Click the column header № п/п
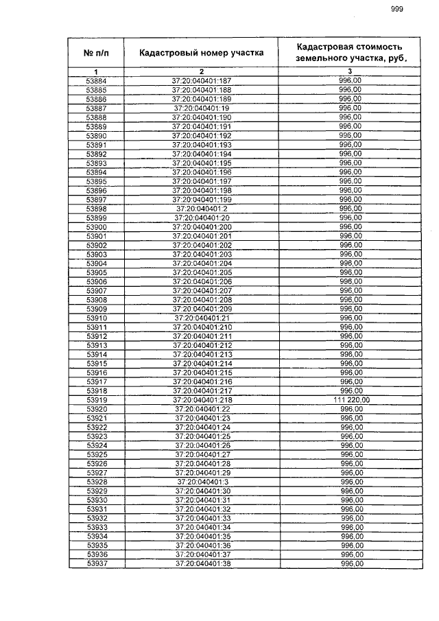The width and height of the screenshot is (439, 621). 96,52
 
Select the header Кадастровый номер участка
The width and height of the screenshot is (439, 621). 202,52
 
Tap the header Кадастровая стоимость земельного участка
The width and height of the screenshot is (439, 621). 350,52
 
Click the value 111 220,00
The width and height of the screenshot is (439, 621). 350,399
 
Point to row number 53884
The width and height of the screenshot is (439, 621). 96,81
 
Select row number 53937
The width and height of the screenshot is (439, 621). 96,563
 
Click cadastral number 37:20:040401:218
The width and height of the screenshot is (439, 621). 202,399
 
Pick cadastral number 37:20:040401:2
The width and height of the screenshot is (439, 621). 202,209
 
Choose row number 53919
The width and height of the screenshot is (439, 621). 96,399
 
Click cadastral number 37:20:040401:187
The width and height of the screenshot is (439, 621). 202,81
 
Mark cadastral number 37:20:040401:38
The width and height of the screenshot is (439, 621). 202,563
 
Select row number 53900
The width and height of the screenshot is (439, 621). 96,226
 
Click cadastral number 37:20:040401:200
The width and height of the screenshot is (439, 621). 202,226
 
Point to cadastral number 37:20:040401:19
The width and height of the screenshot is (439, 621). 202,108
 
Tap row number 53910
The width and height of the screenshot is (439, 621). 96,318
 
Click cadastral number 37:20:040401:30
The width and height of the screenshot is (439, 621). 202,491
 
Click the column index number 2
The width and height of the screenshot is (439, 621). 202,71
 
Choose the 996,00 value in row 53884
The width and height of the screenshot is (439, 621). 350,81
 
